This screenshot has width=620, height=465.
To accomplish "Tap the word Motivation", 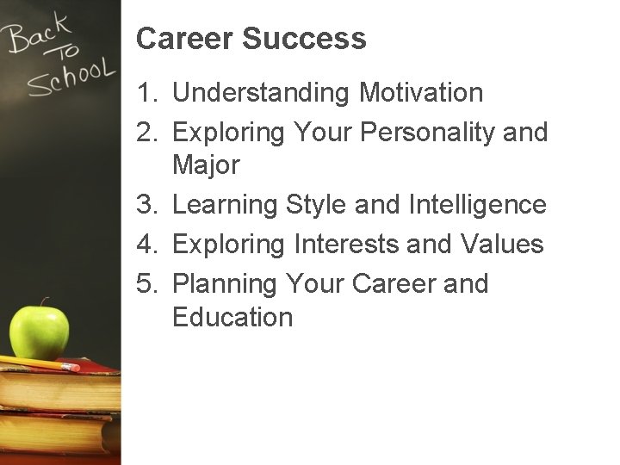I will [421, 92].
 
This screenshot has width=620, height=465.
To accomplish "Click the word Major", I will [206, 164].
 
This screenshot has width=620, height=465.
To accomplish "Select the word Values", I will [502, 245].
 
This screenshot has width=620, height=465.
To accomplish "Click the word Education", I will [232, 317].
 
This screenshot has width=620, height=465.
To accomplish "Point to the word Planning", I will [225, 284].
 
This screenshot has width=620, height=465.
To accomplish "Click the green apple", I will [40, 332].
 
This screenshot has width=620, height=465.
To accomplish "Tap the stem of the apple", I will [42, 304].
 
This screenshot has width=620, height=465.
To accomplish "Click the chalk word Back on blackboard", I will [38, 34].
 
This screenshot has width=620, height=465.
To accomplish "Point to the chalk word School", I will [69, 77].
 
